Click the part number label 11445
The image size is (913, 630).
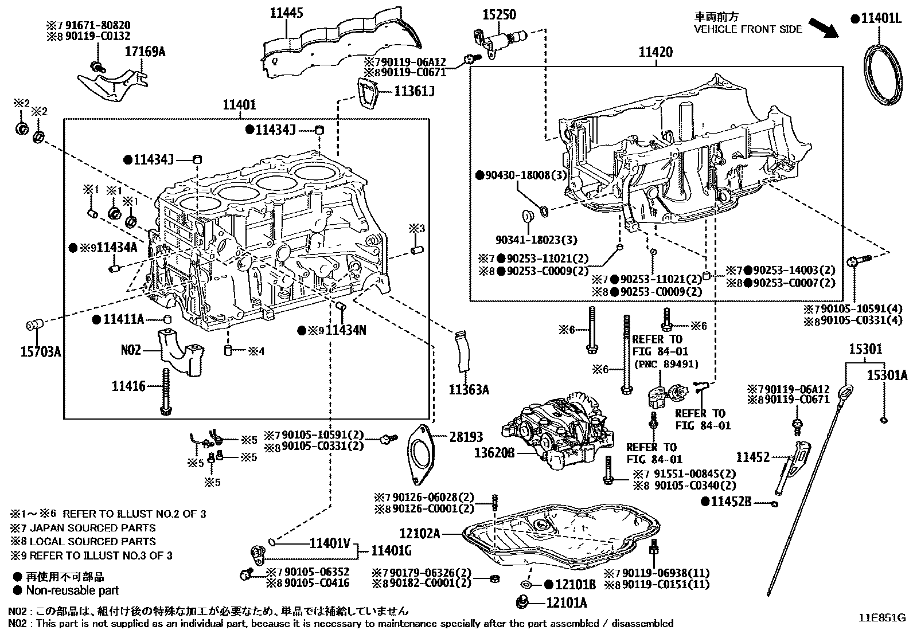[287, 13]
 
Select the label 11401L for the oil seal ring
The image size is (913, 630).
[880, 19]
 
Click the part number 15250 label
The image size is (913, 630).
[499, 14]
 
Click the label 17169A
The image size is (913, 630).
[145, 52]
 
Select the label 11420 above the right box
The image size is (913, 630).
[656, 53]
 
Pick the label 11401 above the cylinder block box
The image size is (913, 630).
[239, 105]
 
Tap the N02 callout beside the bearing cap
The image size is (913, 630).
[131, 349]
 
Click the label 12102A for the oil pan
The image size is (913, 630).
[420, 534]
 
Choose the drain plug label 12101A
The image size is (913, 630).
[567, 602]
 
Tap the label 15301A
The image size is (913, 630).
[887, 375]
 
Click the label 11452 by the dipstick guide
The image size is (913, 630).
[752, 457]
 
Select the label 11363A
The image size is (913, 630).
[469, 390]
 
